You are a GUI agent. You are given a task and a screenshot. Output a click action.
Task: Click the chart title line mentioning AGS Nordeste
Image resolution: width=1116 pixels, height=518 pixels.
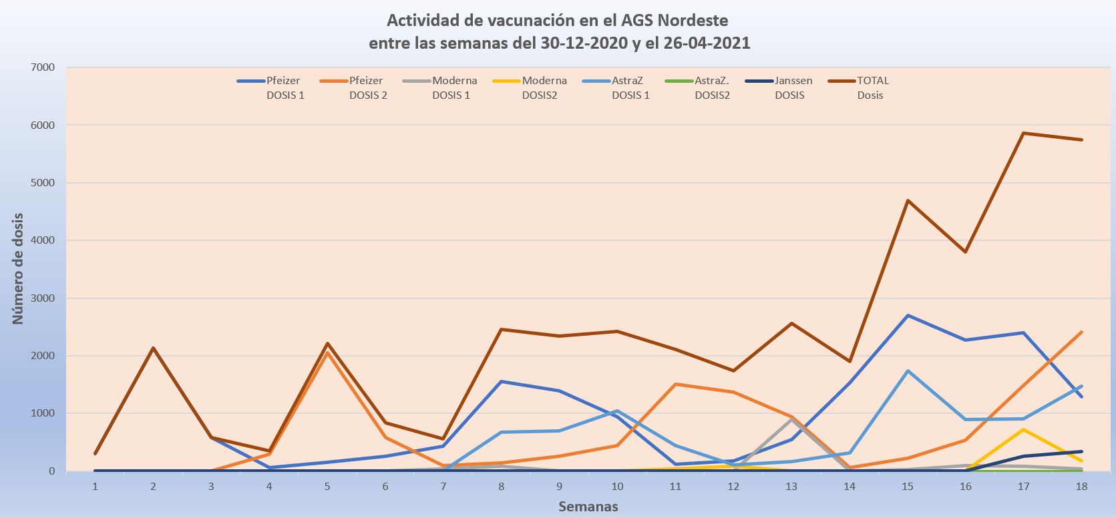pyautogui.click(x=558, y=19)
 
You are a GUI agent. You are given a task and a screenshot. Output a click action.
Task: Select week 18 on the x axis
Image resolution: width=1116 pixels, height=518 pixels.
pyautogui.click(x=1081, y=487)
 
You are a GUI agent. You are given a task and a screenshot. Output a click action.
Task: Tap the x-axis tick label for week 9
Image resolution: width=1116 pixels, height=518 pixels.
pyautogui.click(x=559, y=487)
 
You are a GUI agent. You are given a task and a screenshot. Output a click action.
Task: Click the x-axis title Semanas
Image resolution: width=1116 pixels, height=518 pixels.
pyautogui.click(x=588, y=507)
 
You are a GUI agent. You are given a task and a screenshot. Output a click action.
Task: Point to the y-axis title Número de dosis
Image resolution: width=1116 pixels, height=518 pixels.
pyautogui.click(x=18, y=269)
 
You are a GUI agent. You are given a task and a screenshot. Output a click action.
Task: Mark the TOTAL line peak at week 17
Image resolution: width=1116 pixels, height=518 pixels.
pyautogui.click(x=1023, y=133)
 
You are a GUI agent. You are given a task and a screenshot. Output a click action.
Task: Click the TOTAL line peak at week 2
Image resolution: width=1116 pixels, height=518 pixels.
pyautogui.click(x=153, y=348)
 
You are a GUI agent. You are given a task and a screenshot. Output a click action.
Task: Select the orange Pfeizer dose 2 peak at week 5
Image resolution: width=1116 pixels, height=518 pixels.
pyautogui.click(x=327, y=352)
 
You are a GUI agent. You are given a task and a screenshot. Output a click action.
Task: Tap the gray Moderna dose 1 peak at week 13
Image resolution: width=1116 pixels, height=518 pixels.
pyautogui.click(x=791, y=419)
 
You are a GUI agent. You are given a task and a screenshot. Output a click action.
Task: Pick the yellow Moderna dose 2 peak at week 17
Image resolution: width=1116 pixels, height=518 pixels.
pyautogui.click(x=1023, y=429)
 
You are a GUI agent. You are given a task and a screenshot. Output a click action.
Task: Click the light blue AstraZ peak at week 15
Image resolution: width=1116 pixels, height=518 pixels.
pyautogui.click(x=908, y=370)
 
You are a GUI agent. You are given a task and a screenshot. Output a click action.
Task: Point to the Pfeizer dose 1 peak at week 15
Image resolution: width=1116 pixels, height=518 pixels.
pyautogui.click(x=908, y=315)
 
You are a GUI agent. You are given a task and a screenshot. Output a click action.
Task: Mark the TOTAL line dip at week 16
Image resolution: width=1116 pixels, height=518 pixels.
pyautogui.click(x=966, y=252)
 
